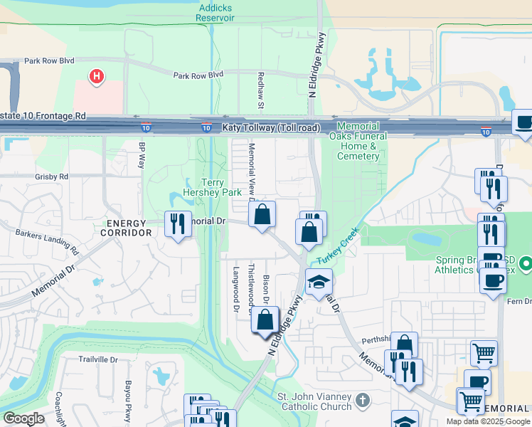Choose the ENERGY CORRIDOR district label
(126, 228)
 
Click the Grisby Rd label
(51, 176)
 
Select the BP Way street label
(142, 155)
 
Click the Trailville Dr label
(97, 360)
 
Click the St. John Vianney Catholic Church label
(314, 401)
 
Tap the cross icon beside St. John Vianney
(363, 399)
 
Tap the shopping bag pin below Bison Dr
(265, 319)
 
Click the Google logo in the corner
(24, 418)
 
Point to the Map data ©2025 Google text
(487, 421)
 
